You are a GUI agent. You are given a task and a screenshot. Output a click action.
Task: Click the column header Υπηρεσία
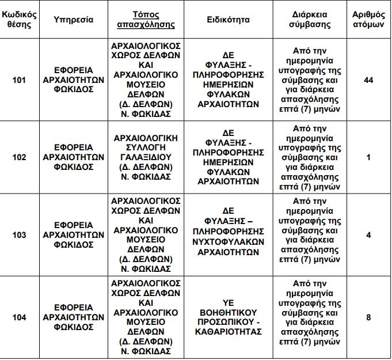[74, 19]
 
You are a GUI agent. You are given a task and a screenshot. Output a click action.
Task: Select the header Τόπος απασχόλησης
[146, 19]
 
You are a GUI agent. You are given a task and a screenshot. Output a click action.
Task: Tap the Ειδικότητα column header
[228, 19]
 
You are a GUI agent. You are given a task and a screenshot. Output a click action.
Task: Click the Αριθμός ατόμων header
[368, 19]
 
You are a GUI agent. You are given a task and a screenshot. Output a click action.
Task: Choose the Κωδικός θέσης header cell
[19, 19]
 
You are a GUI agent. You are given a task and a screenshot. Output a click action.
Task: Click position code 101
[19, 80]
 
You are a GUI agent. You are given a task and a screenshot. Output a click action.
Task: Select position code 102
[19, 157]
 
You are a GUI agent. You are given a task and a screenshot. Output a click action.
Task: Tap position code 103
[19, 235]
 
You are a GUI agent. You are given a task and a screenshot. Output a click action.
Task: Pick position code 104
[19, 317]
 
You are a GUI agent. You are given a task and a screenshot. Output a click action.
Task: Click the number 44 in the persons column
[369, 80]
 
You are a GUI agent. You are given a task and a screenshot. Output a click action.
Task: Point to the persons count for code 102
[369, 157]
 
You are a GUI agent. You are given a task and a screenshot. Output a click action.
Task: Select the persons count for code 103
[369, 235]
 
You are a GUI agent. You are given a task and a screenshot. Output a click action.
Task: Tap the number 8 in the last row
[369, 317]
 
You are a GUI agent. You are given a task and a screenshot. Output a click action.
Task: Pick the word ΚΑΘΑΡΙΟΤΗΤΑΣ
[228, 332]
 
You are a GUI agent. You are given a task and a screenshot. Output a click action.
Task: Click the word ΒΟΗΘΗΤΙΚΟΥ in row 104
[228, 312]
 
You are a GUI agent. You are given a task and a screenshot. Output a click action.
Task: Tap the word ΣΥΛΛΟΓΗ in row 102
[146, 147]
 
